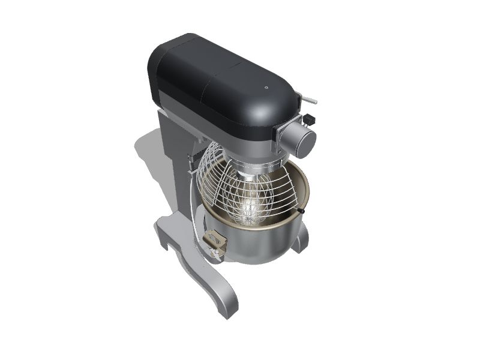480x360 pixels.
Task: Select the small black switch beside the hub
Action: coord(310,119)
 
